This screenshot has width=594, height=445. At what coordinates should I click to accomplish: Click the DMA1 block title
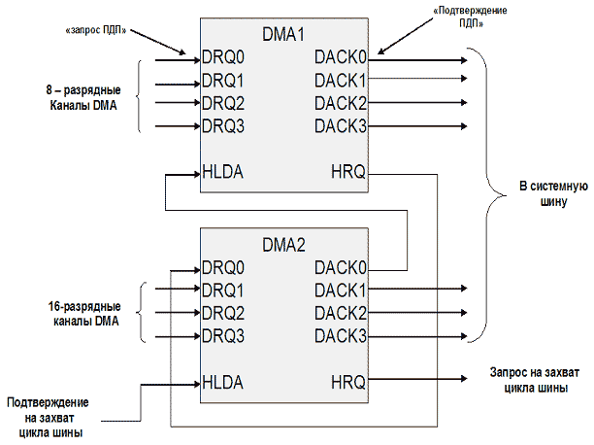284,34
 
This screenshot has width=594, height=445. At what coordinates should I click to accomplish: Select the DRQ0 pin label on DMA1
222,56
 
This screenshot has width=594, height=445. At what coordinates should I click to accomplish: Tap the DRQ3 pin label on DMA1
222,126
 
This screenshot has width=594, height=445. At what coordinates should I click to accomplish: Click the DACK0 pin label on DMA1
342,56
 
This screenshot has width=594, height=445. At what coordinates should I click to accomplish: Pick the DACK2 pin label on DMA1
342,103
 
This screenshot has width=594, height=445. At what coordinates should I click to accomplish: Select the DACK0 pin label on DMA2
342,267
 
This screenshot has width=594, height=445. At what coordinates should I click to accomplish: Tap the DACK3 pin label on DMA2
342,336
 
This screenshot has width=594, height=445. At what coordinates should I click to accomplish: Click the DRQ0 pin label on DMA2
222,267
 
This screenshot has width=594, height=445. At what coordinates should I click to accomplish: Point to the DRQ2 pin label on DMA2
222,313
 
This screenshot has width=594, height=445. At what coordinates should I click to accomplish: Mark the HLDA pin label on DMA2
223,383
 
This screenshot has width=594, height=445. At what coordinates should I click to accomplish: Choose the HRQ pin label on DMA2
347,383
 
